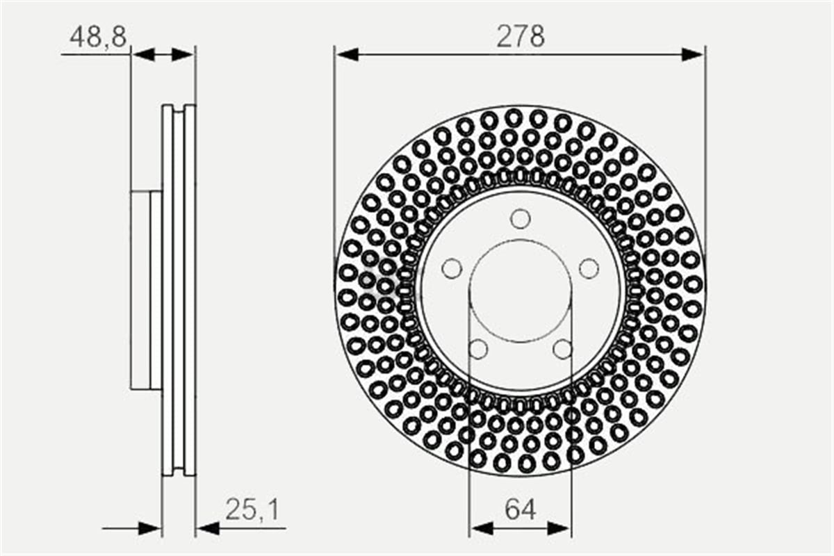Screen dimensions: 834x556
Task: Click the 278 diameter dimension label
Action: tap(521, 37)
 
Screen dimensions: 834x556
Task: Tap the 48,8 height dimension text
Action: tap(98, 37)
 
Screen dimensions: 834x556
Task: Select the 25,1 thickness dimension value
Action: tap(252, 510)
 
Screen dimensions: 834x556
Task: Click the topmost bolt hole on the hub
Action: tap(521, 219)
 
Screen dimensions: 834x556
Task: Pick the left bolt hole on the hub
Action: tap(452, 268)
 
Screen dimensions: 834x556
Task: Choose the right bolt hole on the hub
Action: tap(589, 268)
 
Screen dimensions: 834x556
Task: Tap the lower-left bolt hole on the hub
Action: tap(478, 349)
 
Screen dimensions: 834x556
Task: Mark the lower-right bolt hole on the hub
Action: tap(562, 349)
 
